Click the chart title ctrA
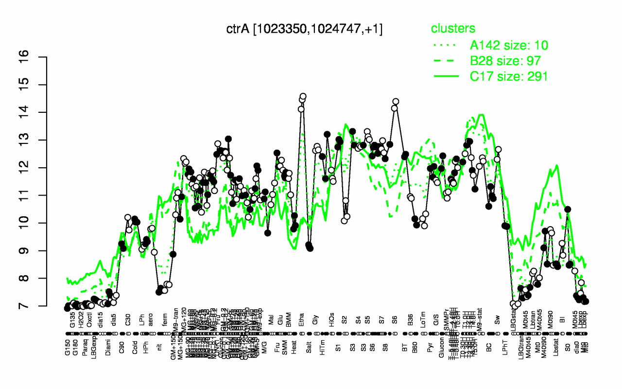pos(304,29)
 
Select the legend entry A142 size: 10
pos(509,45)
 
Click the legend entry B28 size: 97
pos(505,61)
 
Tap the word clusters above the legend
pos(453,29)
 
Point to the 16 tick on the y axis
pos(38,57)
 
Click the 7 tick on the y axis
pos(38,306)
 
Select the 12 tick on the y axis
pos(38,168)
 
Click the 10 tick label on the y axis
pos(38,223)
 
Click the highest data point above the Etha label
pos(303,96)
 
